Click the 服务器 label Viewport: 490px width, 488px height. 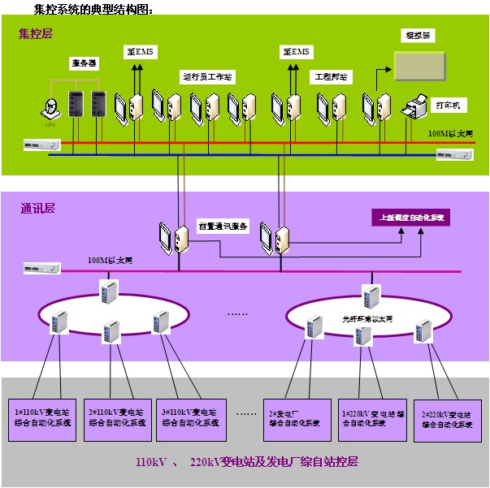[85, 63]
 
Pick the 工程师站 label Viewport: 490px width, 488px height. [331, 76]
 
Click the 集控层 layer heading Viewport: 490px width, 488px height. [35, 34]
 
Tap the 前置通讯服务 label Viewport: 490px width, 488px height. [222, 226]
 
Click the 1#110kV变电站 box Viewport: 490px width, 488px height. [43, 418]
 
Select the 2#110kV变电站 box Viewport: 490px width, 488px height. [118, 418]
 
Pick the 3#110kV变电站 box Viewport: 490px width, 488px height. [191, 418]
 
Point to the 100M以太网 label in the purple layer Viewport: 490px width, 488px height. [110, 261]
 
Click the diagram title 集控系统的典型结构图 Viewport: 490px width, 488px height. [82, 9]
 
